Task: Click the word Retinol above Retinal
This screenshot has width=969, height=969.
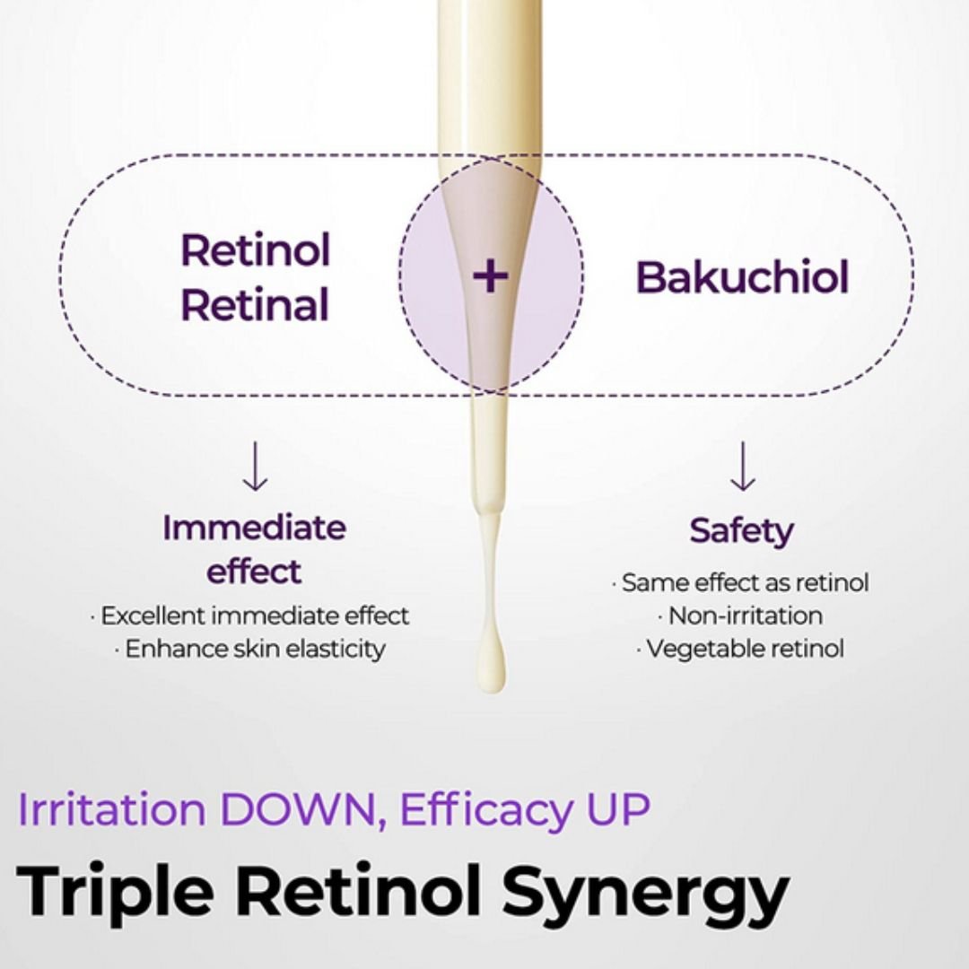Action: tap(256, 249)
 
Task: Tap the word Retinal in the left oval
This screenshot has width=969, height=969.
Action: tap(256, 305)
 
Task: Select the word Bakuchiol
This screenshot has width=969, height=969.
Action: tap(742, 277)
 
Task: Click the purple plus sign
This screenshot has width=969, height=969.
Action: tap(490, 276)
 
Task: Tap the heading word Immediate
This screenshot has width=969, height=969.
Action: tap(254, 528)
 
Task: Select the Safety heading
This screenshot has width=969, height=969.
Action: tap(742, 531)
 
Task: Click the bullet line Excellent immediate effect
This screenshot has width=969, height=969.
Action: tap(250, 615)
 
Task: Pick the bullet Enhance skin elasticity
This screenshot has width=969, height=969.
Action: tap(250, 649)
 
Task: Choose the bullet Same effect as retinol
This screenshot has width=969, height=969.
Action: tap(741, 582)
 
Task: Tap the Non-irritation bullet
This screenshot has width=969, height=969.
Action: tap(741, 615)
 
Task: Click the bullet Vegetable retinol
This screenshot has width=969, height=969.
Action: tap(741, 648)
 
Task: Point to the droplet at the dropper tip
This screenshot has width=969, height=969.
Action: tap(490, 668)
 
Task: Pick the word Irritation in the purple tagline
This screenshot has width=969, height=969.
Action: tap(112, 809)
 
